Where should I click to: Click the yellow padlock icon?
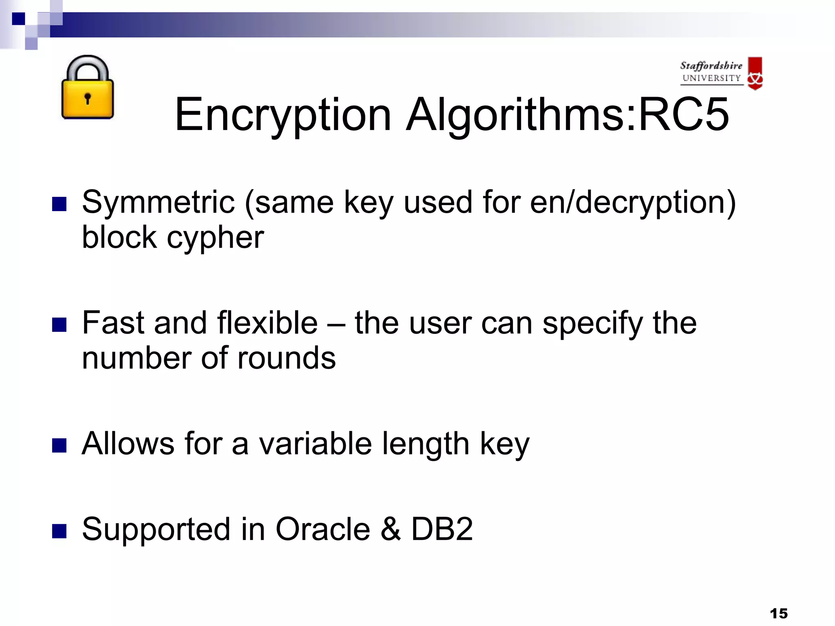point(87,88)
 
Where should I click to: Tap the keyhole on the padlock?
point(87,98)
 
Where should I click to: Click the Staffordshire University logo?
point(721,73)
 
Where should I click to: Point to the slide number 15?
point(779,613)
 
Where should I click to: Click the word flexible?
point(267,323)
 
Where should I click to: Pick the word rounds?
point(287,358)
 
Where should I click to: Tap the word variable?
point(316,443)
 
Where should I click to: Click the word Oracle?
point(323,529)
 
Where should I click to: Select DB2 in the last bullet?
point(442,529)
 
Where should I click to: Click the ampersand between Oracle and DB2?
point(391,529)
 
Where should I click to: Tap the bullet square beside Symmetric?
point(60,204)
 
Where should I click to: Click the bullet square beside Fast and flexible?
point(60,325)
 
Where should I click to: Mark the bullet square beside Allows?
point(60,445)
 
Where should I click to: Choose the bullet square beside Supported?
point(60,531)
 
